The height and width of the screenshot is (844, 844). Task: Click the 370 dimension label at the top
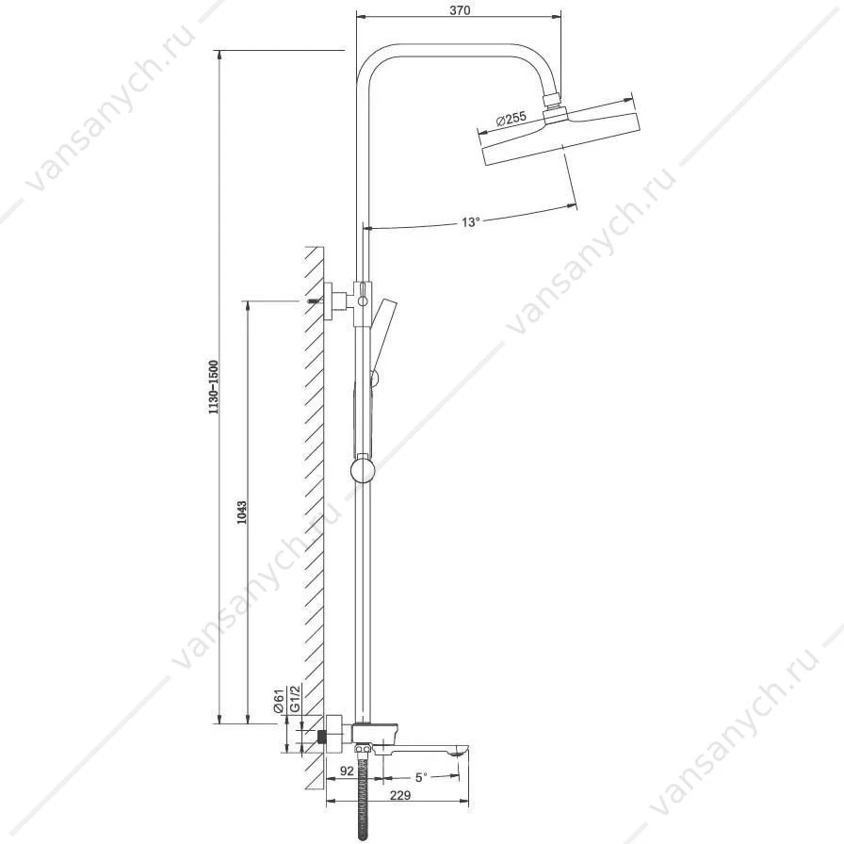(x=459, y=10)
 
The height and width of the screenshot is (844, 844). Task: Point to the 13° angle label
(x=470, y=221)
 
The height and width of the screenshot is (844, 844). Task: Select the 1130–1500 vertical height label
(x=214, y=386)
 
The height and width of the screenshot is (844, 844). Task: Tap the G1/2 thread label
(x=294, y=700)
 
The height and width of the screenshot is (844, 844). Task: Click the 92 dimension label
(x=348, y=771)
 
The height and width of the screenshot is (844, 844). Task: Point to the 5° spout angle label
(x=421, y=777)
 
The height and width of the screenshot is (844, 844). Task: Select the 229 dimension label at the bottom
(x=400, y=795)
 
